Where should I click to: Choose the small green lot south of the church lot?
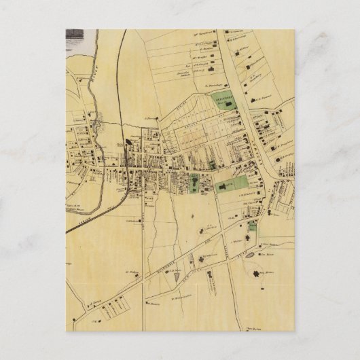(253, 226)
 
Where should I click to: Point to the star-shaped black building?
(257, 274)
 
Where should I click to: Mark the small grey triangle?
(177, 277)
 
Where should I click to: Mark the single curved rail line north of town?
(121, 75)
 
